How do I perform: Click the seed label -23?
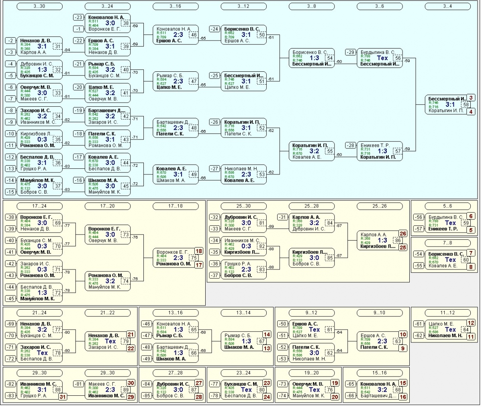(78, 17)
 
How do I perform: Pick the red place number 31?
(62, 397)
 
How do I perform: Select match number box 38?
(126, 23)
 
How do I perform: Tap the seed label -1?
(78, 29)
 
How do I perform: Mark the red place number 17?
(198, 265)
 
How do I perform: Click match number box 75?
(194, 258)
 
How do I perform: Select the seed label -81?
(78, 385)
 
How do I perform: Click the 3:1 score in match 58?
(450, 105)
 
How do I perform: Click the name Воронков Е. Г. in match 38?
(104, 29)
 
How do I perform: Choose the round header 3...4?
(447, 6)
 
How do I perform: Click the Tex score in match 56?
(382, 58)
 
